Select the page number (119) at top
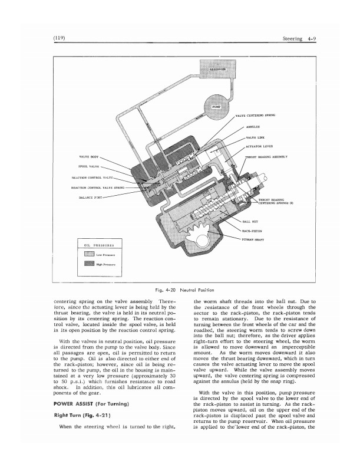(x=61, y=38)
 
